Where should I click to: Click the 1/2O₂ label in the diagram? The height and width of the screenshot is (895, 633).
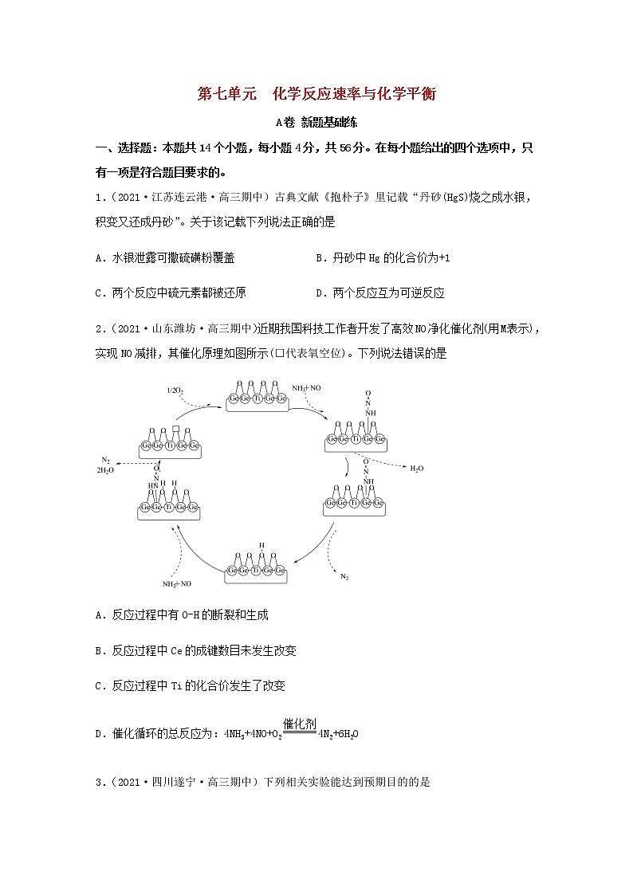click(x=175, y=390)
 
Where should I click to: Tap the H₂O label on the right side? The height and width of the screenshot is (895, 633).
click(x=417, y=469)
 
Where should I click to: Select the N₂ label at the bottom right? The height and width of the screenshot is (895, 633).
click(x=344, y=575)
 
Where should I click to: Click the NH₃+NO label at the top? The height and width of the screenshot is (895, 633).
click(x=306, y=387)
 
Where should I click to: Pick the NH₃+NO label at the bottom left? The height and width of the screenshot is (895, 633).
click(x=177, y=583)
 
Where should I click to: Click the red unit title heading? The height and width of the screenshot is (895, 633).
click(x=316, y=94)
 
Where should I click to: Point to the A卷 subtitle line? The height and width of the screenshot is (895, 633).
click(x=316, y=122)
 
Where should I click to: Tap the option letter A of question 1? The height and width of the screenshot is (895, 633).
click(x=98, y=258)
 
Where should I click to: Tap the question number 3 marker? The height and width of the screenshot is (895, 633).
click(x=98, y=782)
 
